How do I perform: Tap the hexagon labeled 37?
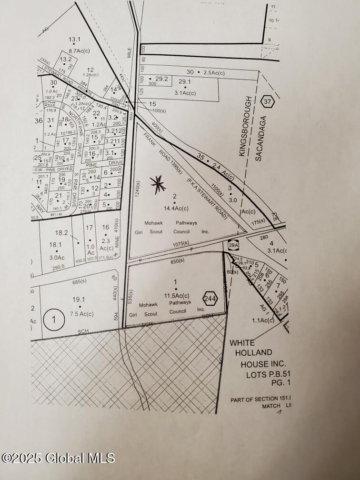pyautogui.click(x=268, y=101)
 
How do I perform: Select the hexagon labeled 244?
pyautogui.click(x=210, y=299)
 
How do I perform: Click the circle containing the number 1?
pyautogui.click(x=54, y=320)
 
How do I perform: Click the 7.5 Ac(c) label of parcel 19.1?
pyautogui.click(x=79, y=314)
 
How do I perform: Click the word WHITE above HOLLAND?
pyautogui.click(x=242, y=342)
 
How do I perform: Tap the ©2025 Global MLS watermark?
pyautogui.click(x=58, y=458)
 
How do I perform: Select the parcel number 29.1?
pyautogui.click(x=184, y=82)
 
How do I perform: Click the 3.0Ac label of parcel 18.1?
pyautogui.click(x=57, y=258)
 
